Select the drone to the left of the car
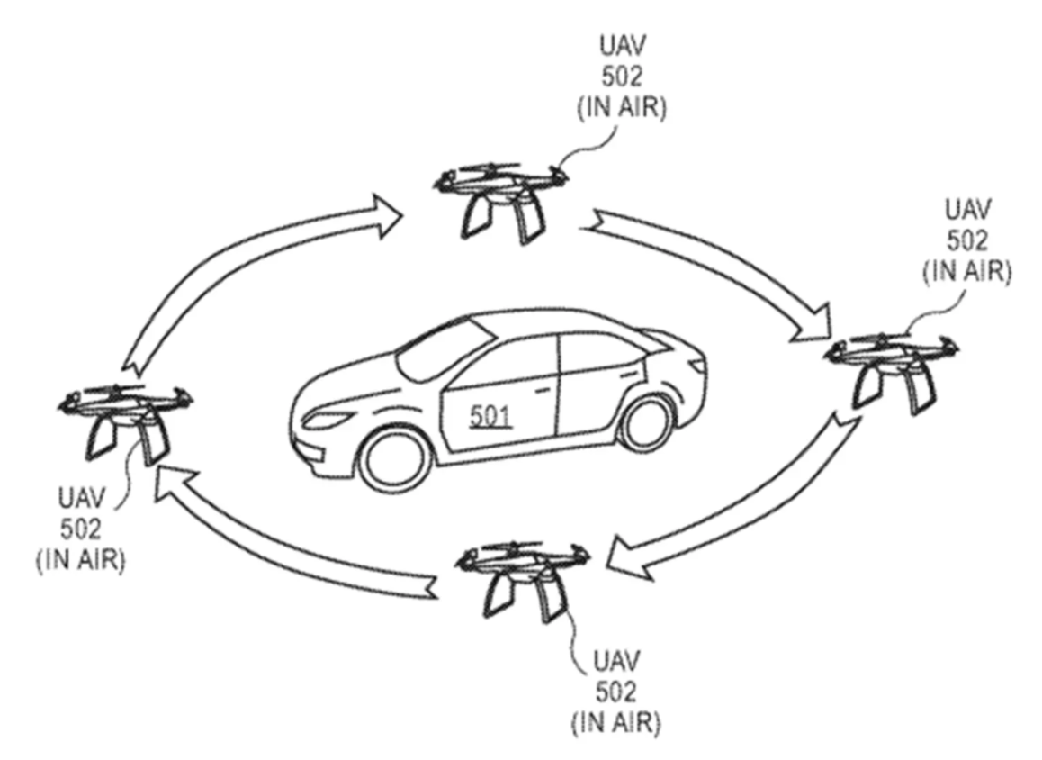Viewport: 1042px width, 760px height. click(x=123, y=418)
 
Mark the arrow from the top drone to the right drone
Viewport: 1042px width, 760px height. click(x=720, y=270)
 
